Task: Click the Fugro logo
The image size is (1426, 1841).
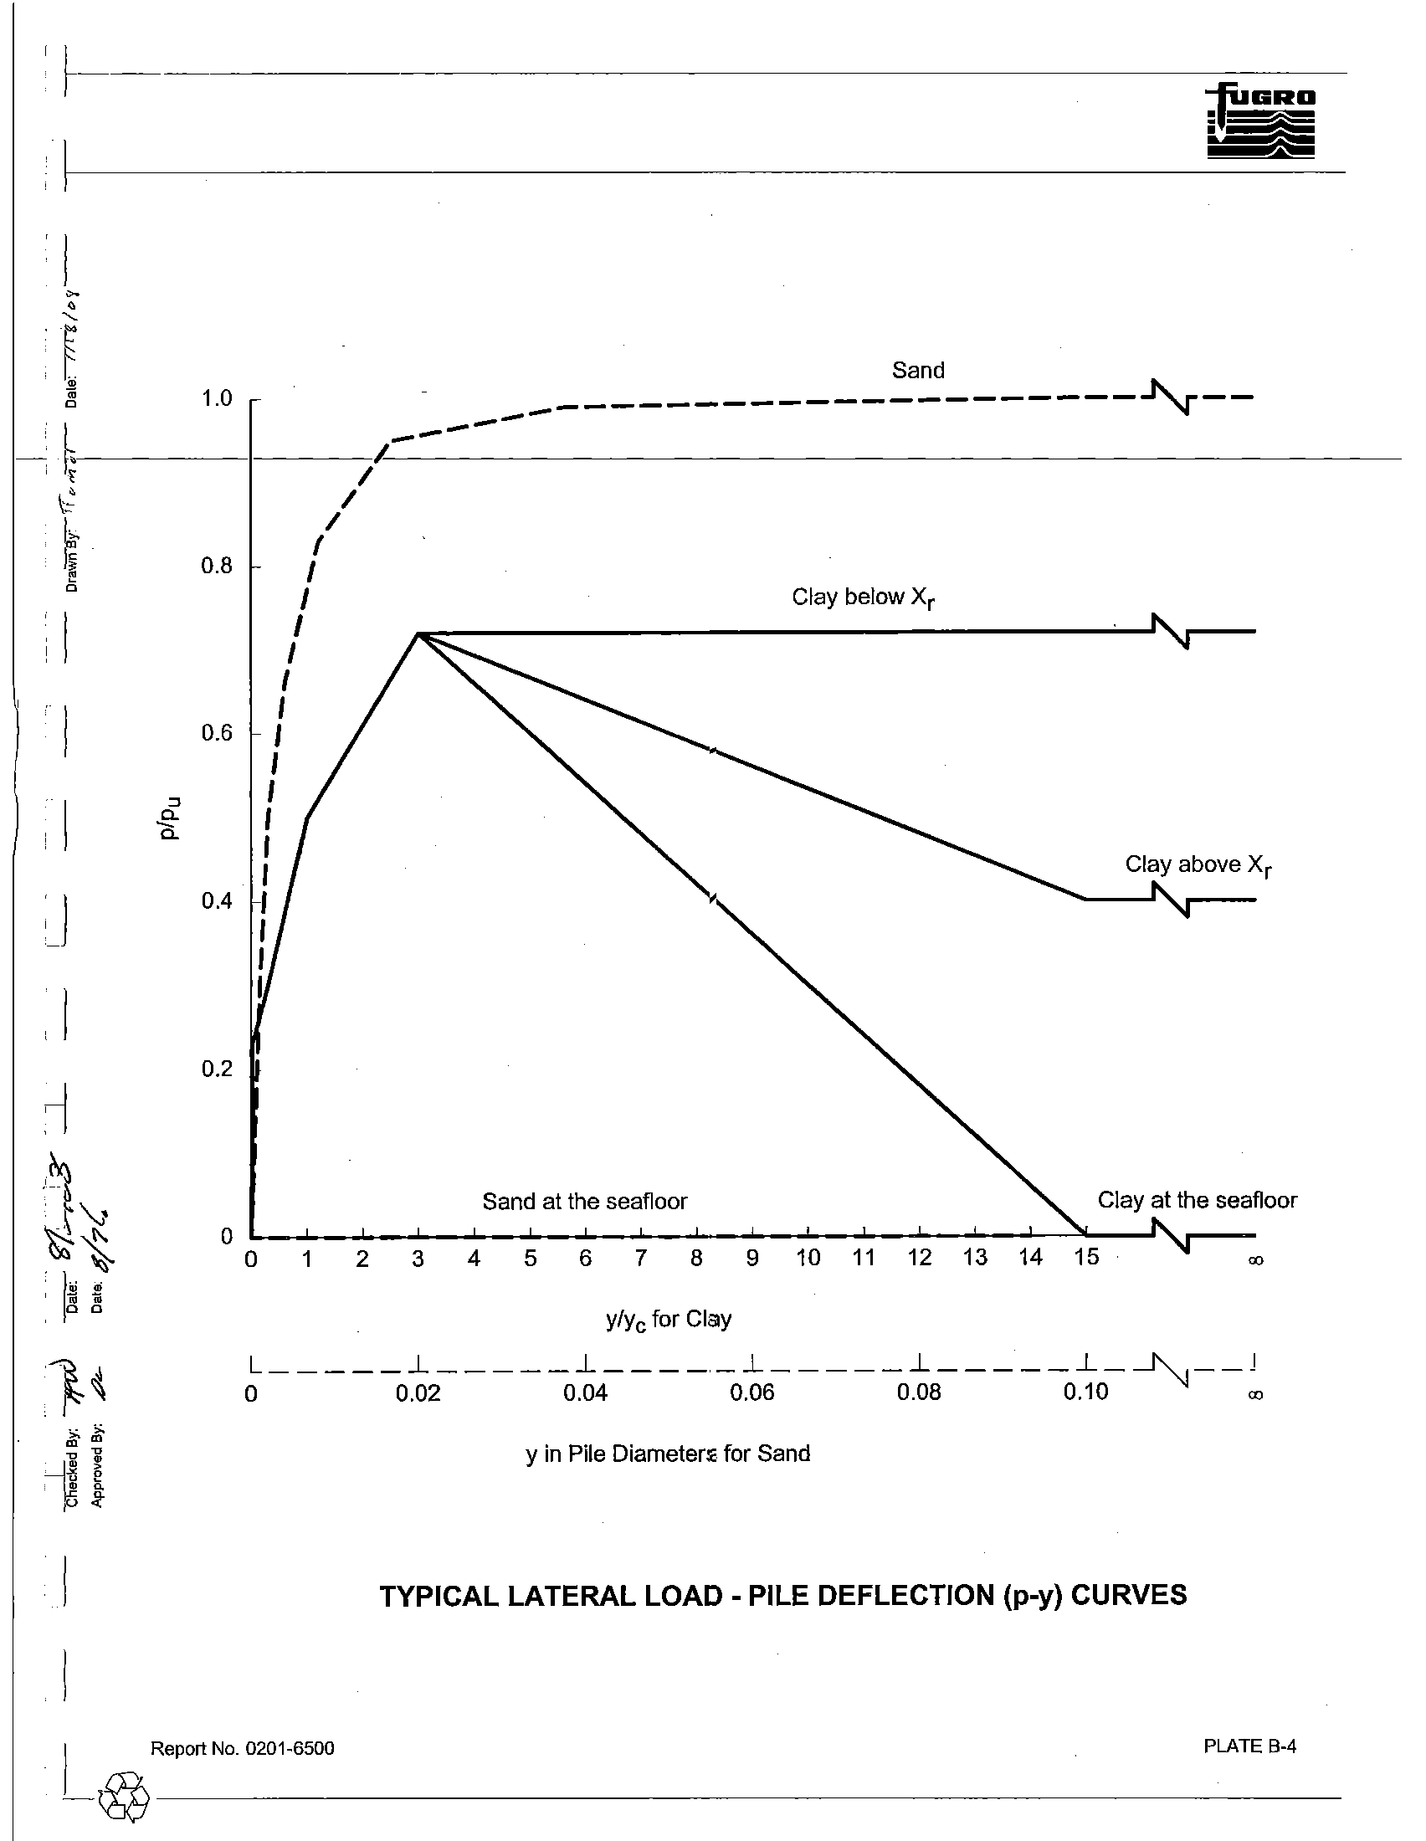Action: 1261,123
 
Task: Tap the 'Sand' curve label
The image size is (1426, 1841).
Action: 918,370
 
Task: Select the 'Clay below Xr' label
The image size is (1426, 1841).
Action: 863,597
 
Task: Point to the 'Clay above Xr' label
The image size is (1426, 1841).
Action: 1198,865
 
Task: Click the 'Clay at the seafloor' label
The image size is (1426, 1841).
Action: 1197,1200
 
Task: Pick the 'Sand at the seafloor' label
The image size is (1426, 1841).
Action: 584,1201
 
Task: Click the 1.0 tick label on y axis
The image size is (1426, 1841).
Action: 217,398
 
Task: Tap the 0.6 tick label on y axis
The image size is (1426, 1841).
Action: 217,733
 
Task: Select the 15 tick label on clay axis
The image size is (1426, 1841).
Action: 1086,1258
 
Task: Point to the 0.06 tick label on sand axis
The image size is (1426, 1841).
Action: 751,1392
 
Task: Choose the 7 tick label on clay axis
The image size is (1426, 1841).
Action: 640,1259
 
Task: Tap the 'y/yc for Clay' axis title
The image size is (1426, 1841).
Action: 669,1319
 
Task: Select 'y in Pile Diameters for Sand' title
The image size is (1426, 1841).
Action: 668,1454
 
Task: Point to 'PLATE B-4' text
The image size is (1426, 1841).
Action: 1249,1746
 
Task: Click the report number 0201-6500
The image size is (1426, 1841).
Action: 289,1749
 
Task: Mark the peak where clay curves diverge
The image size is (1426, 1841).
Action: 418,633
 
